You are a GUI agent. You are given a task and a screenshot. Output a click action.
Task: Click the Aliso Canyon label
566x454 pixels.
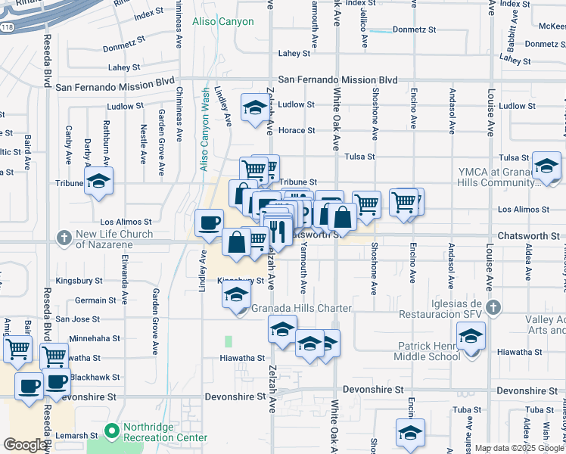pos(223,22)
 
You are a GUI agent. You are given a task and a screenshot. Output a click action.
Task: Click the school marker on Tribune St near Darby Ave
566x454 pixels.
pos(98,182)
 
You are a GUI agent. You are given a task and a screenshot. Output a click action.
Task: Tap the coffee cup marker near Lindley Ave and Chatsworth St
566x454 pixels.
pos(209,222)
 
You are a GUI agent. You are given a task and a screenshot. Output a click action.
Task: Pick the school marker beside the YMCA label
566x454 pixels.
pos(546,166)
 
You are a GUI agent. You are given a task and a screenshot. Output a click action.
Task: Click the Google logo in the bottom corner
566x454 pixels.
pos(25,445)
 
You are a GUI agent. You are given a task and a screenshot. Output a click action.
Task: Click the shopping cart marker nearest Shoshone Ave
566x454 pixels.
pos(367,202)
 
